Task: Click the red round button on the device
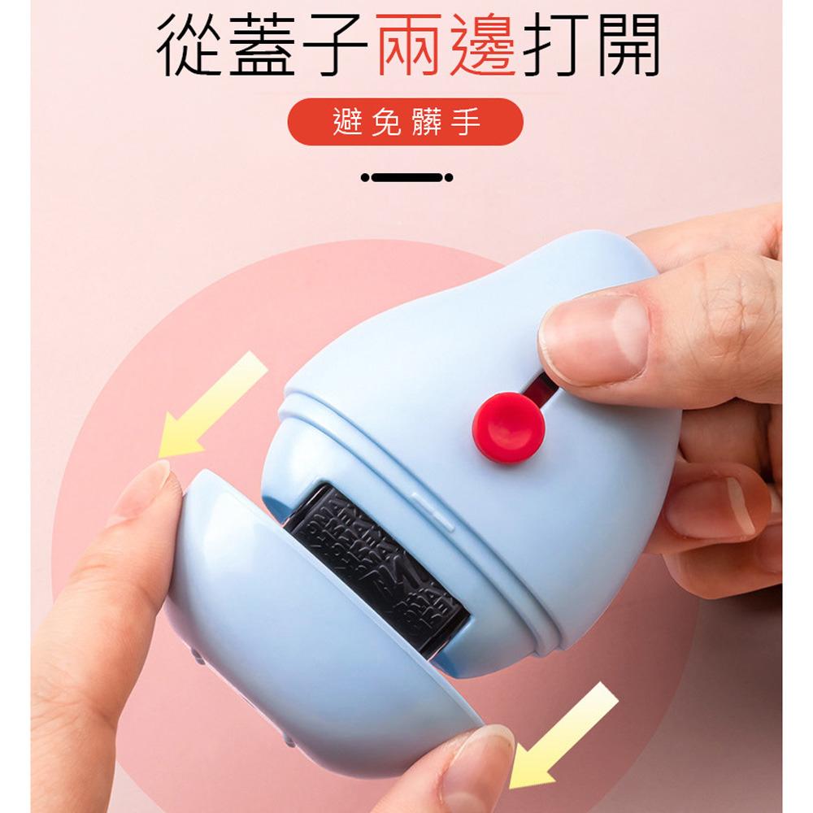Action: pos(508,427)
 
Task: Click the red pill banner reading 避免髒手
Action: pos(406,122)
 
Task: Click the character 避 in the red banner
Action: pos(346,122)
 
